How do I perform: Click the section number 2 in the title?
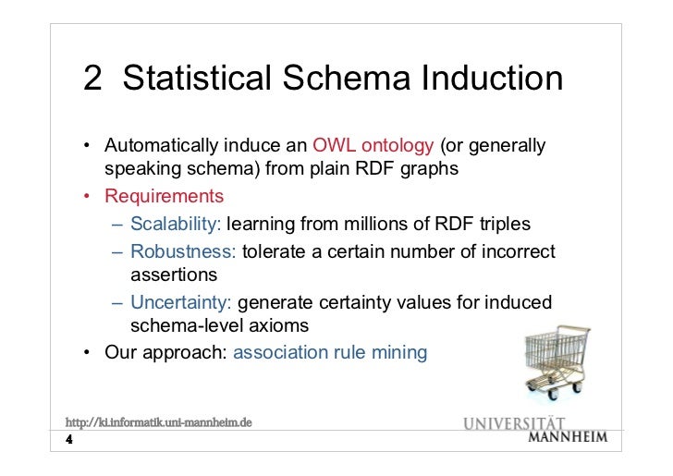(93, 79)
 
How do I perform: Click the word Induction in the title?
(492, 79)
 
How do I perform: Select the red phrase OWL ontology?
(373, 147)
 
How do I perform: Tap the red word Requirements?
(164, 197)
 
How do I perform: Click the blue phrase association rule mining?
(330, 352)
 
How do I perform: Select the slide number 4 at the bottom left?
(69, 440)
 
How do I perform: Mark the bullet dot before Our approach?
(84, 352)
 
